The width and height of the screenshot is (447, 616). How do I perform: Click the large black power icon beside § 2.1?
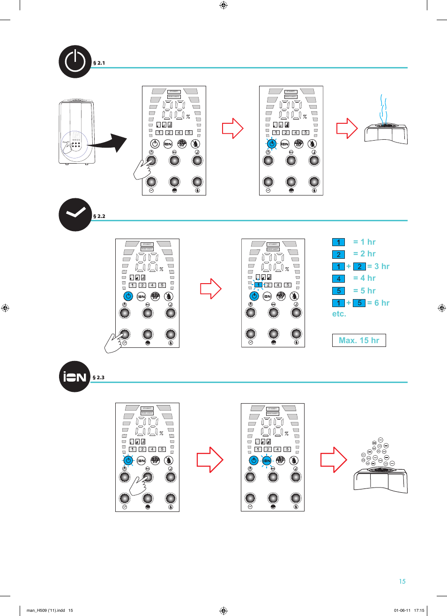pyautogui.click(x=75, y=61)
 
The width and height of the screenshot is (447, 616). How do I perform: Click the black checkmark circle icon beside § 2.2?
pyautogui.click(x=75, y=215)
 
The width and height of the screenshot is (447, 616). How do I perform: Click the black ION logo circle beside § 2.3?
pyautogui.click(x=75, y=376)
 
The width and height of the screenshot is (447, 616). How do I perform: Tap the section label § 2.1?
pyautogui.click(x=99, y=63)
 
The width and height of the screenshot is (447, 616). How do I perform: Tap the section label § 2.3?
pyautogui.click(x=98, y=377)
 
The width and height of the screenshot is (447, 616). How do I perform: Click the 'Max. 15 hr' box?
pyautogui.click(x=359, y=340)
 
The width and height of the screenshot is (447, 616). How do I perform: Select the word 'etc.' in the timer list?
pyautogui.click(x=339, y=314)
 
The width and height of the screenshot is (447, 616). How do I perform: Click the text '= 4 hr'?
pyautogui.click(x=364, y=278)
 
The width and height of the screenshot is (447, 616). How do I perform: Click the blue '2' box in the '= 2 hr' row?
pyautogui.click(x=338, y=255)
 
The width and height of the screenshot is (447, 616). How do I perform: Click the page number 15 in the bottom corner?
pyautogui.click(x=402, y=581)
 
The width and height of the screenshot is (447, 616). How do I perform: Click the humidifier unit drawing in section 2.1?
pyautogui.click(x=77, y=132)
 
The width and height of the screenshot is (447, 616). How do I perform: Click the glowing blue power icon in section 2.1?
pyautogui.click(x=271, y=144)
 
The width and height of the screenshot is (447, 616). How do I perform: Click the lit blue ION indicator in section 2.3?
pyautogui.click(x=267, y=460)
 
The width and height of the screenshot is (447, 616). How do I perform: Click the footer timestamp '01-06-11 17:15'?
pyautogui.click(x=409, y=610)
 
